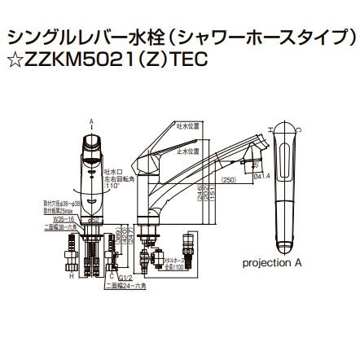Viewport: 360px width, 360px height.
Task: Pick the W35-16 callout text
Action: pyautogui.click(x=55, y=218)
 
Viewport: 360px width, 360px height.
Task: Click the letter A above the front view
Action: pyautogui.click(x=92, y=120)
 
